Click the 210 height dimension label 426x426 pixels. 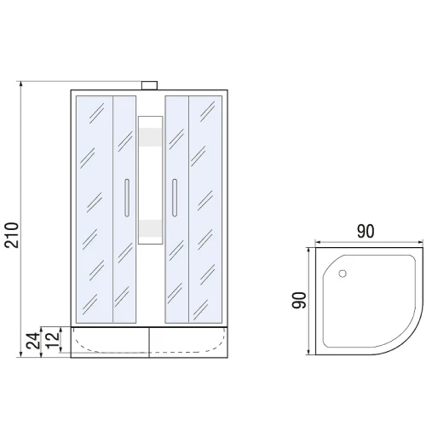point(12,235)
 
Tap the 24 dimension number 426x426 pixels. point(33,341)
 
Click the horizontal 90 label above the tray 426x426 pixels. point(366,231)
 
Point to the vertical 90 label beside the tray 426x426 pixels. point(299,300)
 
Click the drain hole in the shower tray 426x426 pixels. point(343,273)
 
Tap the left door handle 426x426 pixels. point(127,198)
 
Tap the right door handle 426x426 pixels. point(175,198)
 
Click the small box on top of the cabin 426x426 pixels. point(149,85)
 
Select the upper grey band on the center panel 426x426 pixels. point(151,137)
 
